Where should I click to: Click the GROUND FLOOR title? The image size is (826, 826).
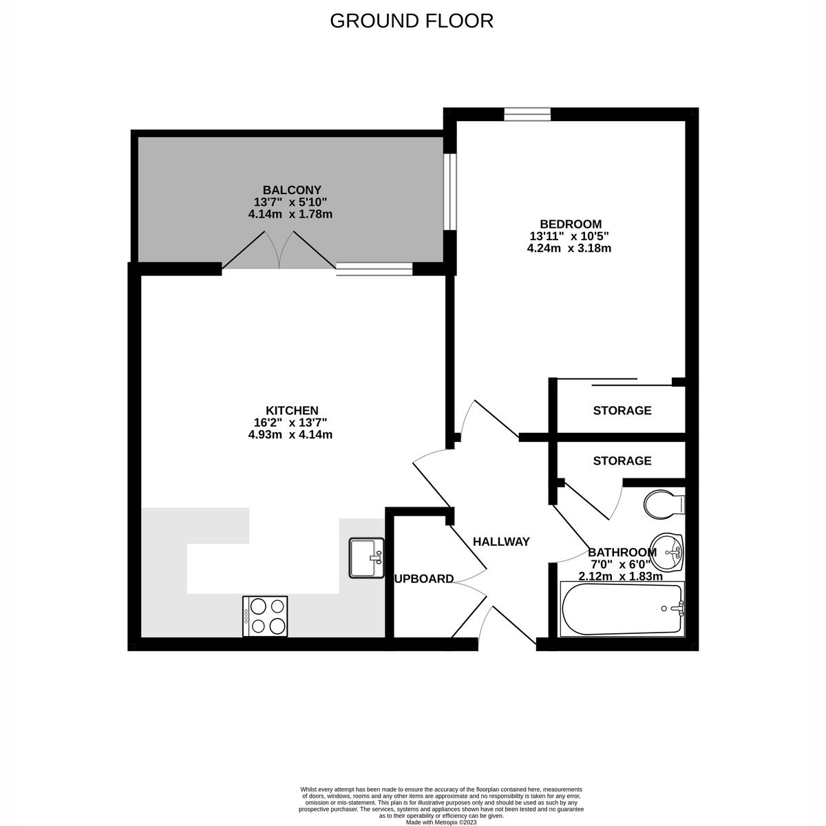coord(412,21)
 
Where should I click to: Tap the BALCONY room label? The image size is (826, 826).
coord(292,190)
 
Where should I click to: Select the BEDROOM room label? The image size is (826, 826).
coord(570,224)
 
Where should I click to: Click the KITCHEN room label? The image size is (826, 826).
coord(293,410)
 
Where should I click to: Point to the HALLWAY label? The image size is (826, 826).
coord(501,542)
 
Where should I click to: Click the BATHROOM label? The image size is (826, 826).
coord(622,552)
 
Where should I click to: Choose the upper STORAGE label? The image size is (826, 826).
coord(622,411)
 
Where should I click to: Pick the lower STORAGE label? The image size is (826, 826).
coord(622,460)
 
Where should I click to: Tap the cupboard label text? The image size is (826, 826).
coord(424,579)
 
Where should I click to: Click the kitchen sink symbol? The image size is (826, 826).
coord(366,558)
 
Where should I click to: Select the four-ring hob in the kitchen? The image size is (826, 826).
coord(265,616)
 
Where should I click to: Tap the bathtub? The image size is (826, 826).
coord(622,609)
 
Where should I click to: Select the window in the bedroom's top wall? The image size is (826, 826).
coord(527,114)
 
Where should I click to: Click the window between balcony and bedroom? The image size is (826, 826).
coord(449,191)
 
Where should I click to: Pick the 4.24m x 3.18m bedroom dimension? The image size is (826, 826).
coord(569,248)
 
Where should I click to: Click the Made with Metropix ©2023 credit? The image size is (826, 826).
coord(441,822)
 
